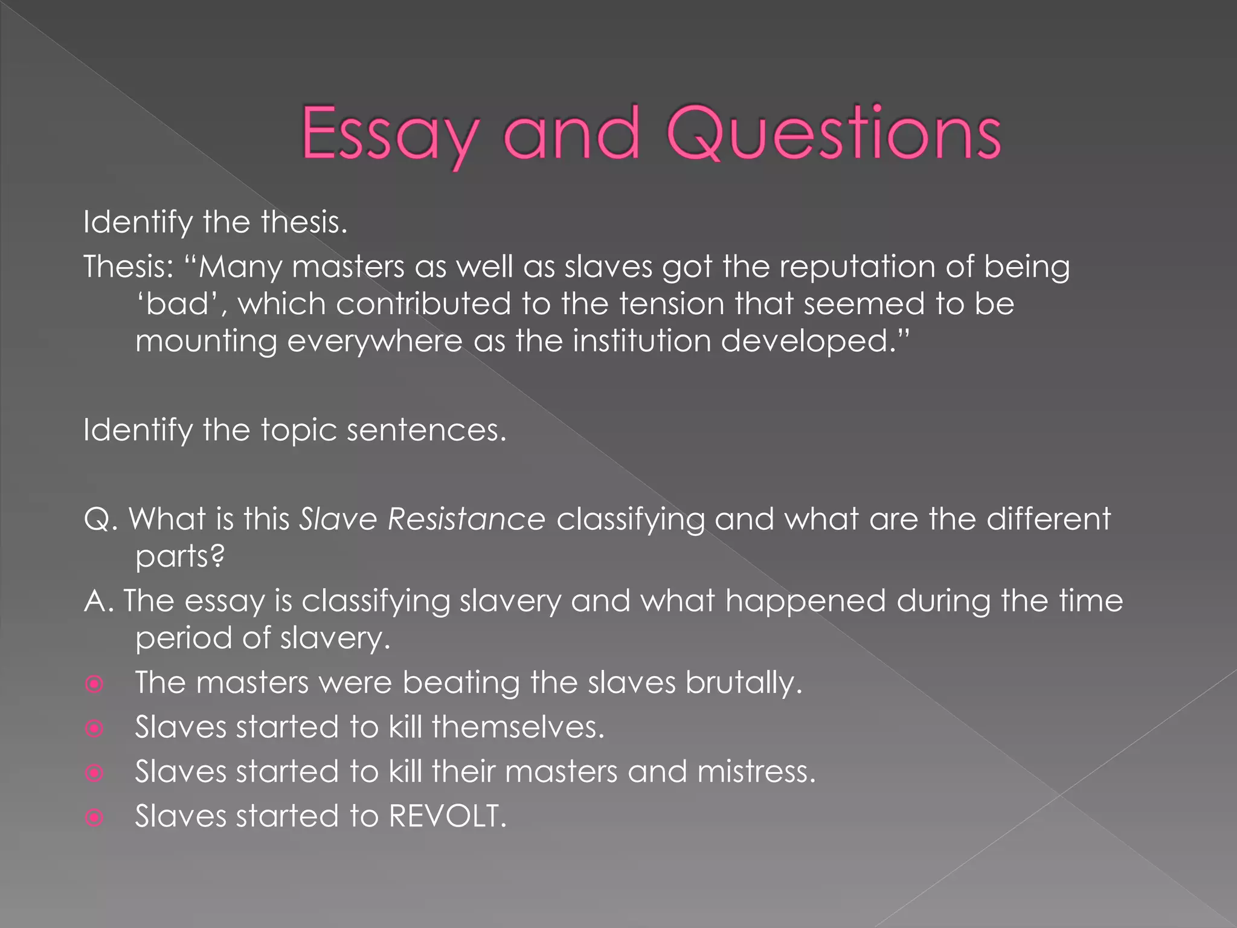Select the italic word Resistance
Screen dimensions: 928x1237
point(466,519)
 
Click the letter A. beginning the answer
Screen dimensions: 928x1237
point(99,601)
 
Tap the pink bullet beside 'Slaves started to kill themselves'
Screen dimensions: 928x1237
point(94,729)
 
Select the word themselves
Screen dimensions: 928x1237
point(518,727)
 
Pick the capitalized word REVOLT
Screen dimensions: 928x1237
point(447,816)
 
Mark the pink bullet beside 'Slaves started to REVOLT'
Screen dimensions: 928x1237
point(94,818)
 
